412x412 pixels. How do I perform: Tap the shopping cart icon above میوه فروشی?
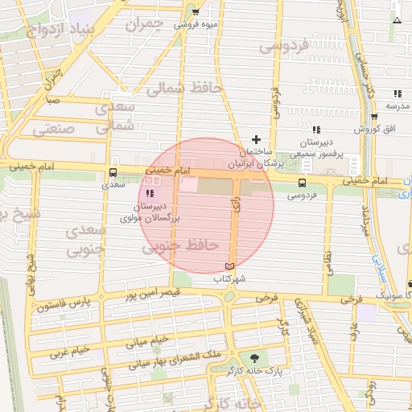[x=196, y=12]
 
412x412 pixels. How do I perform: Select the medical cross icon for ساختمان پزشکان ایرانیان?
[x=257, y=140]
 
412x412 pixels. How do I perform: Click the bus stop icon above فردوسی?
[x=303, y=183]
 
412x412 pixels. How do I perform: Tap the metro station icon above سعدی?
[x=113, y=171]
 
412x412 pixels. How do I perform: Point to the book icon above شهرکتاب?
[x=229, y=266]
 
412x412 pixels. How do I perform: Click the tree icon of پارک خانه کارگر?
[x=254, y=358]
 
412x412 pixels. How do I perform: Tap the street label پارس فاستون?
[x=65, y=305]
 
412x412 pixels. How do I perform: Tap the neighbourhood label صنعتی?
[x=53, y=128]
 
